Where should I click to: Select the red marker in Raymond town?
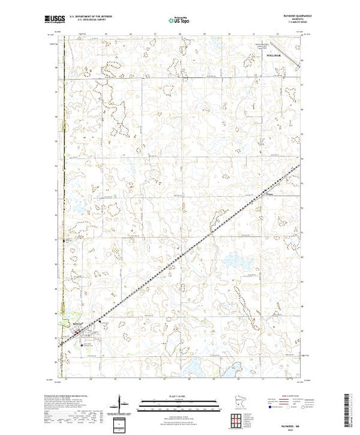click(x=75, y=334)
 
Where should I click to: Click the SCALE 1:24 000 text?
click(x=179, y=395)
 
